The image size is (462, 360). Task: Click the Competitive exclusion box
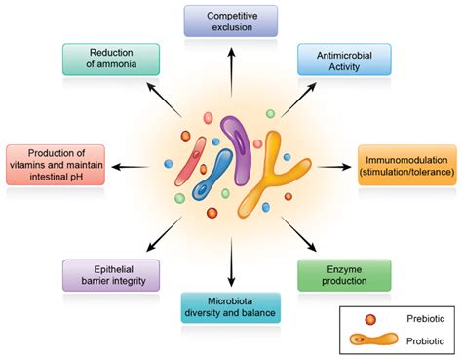[230, 20]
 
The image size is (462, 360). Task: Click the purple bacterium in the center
[235, 145]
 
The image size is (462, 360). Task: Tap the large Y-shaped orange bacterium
[268, 176]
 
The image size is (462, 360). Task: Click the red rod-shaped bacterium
[192, 162]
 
